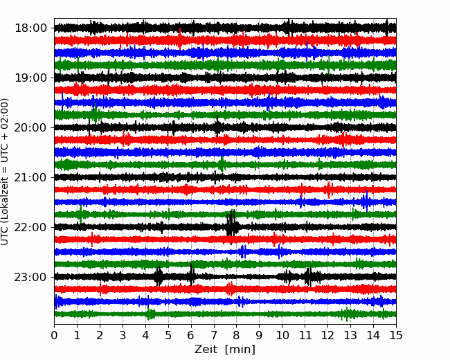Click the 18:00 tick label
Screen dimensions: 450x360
click(30, 28)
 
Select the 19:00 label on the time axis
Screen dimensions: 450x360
click(30, 78)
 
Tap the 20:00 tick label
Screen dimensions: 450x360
click(30, 127)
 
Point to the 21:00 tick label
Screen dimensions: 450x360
click(30, 177)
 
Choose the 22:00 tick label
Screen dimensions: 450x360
click(30, 227)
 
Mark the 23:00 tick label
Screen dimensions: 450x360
click(30, 277)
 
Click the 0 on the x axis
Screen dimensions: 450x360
click(54, 335)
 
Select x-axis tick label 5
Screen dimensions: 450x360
click(168, 335)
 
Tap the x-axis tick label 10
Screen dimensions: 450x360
click(282, 335)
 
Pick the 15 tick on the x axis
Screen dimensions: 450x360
click(396, 335)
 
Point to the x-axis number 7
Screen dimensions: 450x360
click(214, 335)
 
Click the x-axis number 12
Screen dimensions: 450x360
click(327, 335)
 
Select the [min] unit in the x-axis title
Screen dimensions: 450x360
click(240, 350)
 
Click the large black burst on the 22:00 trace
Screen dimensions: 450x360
click(231, 226)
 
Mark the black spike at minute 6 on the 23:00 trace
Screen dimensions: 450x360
click(191, 274)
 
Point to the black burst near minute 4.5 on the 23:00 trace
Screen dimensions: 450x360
click(159, 276)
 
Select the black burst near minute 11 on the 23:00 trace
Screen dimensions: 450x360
click(308, 276)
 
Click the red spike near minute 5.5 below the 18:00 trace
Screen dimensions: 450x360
click(180, 39)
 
